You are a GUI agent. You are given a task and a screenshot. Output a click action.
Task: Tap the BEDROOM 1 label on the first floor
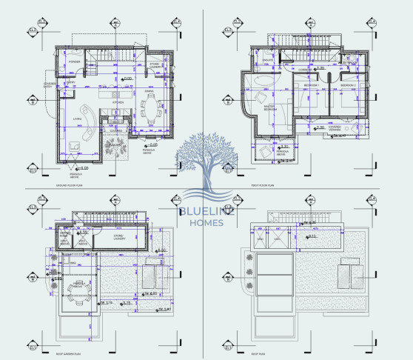[x=312, y=86]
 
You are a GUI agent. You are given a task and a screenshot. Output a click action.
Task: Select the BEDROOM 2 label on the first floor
[x=349, y=86]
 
